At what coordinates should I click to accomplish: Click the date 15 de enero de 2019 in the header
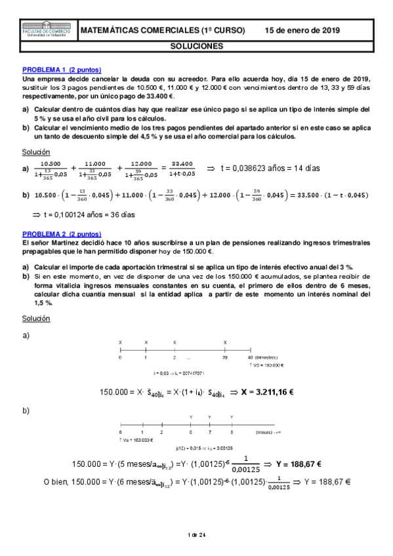302,31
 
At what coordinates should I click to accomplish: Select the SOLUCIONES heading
196,47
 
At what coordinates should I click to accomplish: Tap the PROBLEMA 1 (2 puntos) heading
62,69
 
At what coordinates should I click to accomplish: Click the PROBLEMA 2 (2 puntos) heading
62,233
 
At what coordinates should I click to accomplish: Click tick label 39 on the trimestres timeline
225,358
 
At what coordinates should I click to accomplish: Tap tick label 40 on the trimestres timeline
250,358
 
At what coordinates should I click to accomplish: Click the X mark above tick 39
225,342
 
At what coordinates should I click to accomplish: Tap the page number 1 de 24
196,535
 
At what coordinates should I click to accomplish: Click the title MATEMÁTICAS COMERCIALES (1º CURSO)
162,31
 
